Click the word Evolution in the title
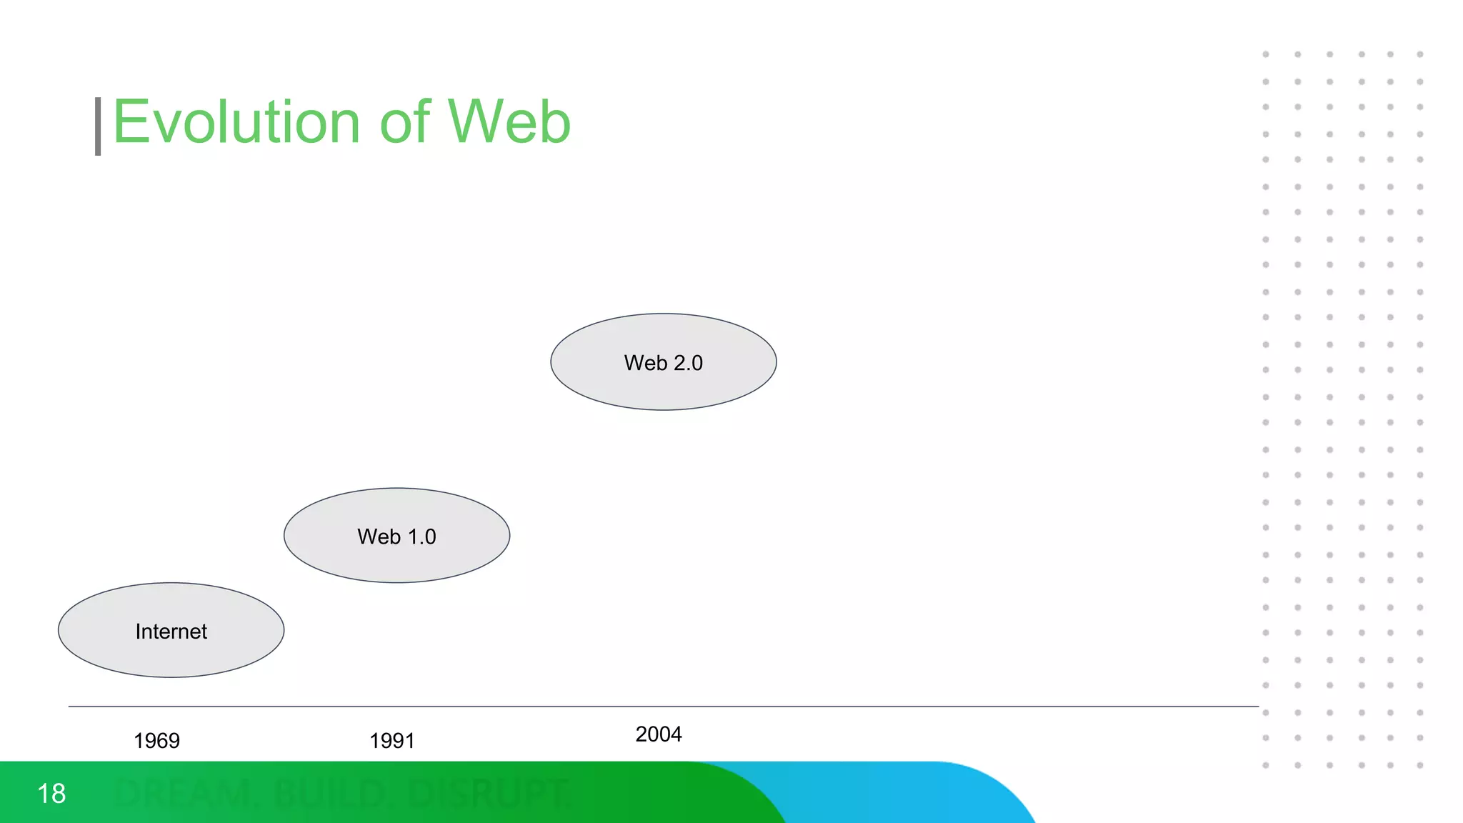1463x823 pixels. coord(236,123)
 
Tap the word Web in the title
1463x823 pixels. coord(509,123)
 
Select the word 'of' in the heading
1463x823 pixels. coord(404,123)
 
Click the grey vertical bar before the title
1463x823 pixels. coord(98,126)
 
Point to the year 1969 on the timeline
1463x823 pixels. coord(156,741)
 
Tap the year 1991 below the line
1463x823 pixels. coord(391,741)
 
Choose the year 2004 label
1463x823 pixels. coord(658,734)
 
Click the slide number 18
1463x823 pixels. coord(51,794)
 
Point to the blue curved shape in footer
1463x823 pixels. coord(929,793)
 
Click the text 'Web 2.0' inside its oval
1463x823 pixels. coord(663,363)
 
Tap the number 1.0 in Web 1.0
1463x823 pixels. coord(421,537)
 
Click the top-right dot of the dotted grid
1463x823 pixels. coord(1420,54)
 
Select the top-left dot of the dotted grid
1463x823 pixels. coord(1266,54)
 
